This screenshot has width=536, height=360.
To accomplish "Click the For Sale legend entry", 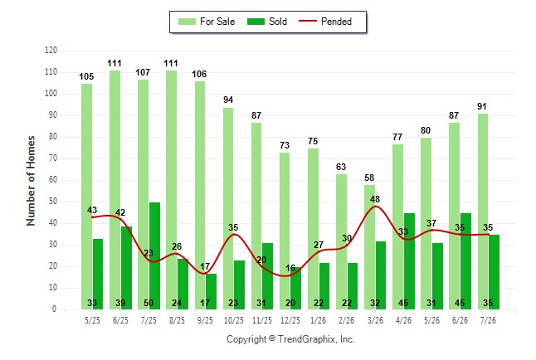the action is click(x=207, y=22).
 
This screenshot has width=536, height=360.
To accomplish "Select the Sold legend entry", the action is click(x=267, y=22).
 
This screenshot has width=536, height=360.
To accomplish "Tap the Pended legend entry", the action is click(x=325, y=22).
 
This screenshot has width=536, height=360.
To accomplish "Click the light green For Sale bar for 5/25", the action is click(x=86, y=197).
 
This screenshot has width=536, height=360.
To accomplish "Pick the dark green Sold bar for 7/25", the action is click(x=154, y=255).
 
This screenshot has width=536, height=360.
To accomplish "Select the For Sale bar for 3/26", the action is click(x=369, y=247).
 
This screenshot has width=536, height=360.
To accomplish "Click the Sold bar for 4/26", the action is click(x=409, y=261).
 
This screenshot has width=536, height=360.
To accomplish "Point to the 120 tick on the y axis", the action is click(x=51, y=51).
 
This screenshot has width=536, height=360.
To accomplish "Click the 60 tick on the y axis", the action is click(x=52, y=180).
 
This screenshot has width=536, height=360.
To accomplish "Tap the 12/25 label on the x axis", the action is click(x=290, y=320).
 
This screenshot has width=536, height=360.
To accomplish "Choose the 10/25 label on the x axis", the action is click(x=233, y=320).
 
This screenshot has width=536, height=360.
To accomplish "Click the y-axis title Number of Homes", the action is click(x=31, y=181).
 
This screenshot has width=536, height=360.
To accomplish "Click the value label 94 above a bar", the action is click(x=228, y=100).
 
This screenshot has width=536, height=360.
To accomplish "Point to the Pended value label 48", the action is click(x=375, y=199).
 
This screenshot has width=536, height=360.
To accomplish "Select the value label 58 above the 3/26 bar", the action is click(x=369, y=178).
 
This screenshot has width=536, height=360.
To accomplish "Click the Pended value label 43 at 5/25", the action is click(x=92, y=210).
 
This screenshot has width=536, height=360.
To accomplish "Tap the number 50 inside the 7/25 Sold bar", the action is click(x=149, y=303).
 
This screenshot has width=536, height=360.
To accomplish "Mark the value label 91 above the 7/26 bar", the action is click(x=482, y=106).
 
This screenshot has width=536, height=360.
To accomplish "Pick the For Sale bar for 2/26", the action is click(x=341, y=241).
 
